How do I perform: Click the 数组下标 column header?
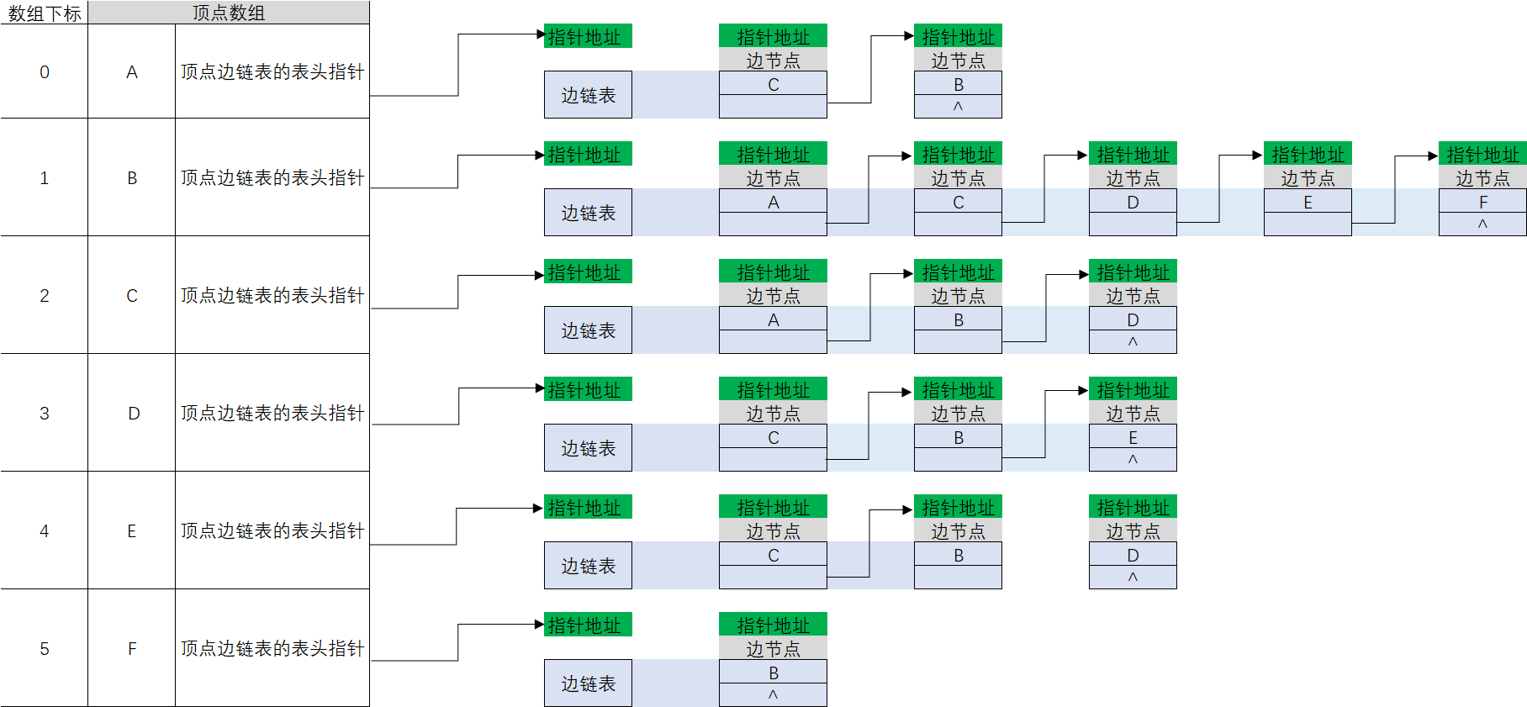(x=44, y=13)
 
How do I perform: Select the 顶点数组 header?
(x=228, y=13)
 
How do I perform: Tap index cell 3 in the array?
(x=45, y=413)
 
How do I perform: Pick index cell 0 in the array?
(x=45, y=71)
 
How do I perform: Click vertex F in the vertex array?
(x=132, y=648)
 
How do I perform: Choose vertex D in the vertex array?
(x=133, y=413)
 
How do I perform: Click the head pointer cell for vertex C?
(x=272, y=295)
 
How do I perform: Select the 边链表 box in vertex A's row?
(x=588, y=95)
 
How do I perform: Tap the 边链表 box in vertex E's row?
(x=588, y=566)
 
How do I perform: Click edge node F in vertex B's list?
(x=1482, y=202)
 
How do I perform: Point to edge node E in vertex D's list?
(x=1133, y=437)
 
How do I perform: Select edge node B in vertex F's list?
(x=773, y=673)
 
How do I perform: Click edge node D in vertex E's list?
(x=1133, y=555)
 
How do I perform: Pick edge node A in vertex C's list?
(x=773, y=319)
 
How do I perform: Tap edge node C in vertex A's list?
(x=773, y=84)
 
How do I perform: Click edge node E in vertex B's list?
(x=1308, y=202)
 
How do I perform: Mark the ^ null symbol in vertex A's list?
(x=958, y=107)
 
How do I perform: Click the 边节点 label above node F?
(x=1482, y=178)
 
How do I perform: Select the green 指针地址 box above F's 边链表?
(x=588, y=625)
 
